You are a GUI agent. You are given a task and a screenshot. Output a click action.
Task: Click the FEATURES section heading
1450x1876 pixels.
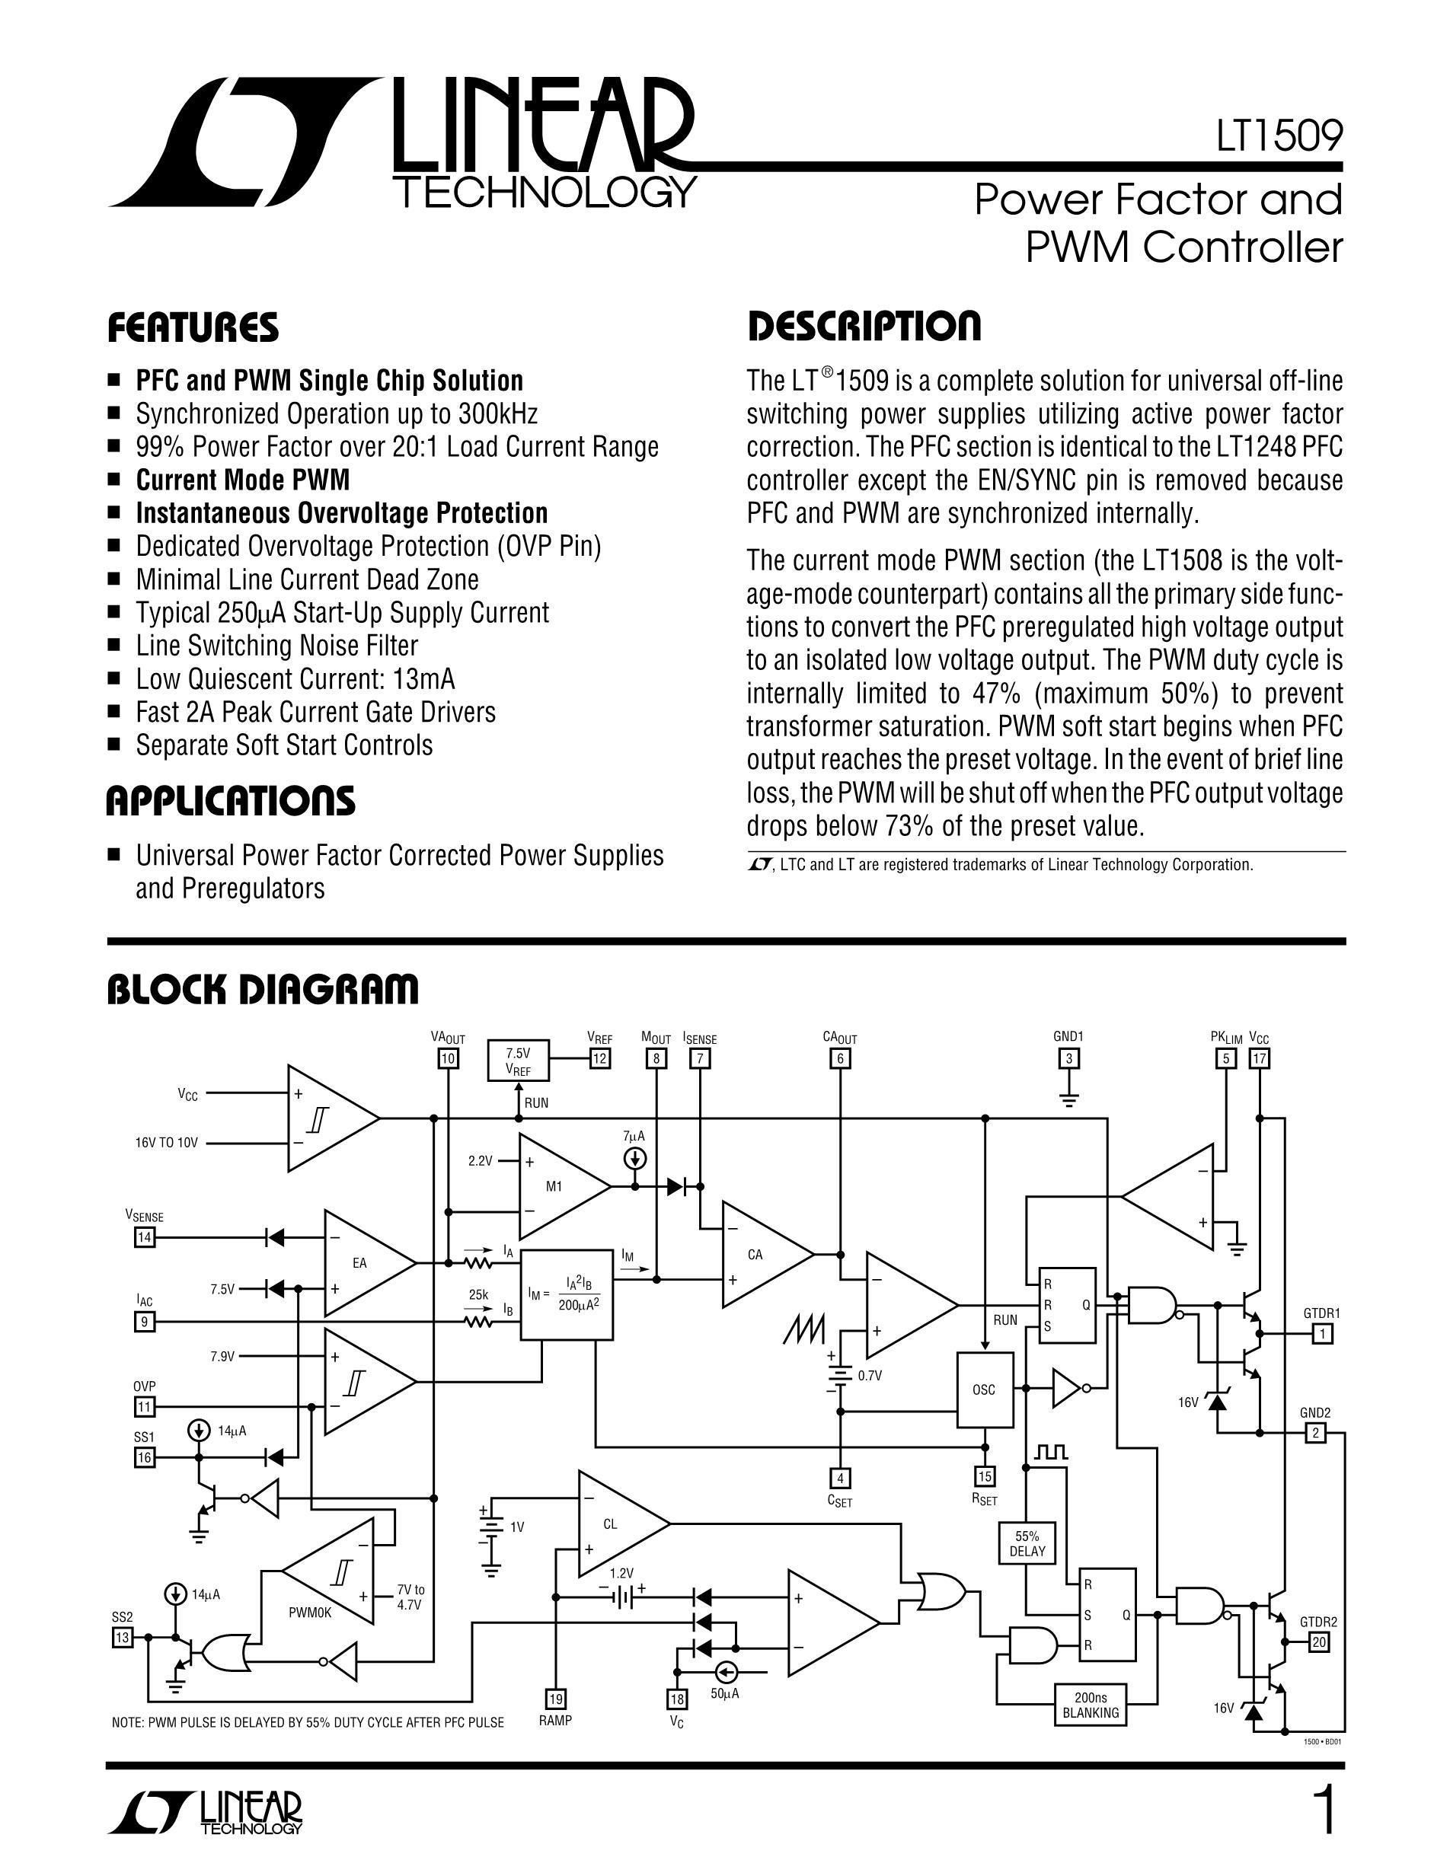tap(193, 328)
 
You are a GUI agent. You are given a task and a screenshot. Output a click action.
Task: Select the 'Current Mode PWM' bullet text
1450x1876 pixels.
tap(242, 480)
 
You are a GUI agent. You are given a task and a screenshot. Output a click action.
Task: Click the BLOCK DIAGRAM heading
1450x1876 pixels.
tap(262, 989)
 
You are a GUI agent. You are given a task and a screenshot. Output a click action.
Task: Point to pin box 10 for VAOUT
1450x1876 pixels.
tap(448, 1058)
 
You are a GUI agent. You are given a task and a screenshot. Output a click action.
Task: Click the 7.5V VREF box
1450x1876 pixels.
tap(518, 1061)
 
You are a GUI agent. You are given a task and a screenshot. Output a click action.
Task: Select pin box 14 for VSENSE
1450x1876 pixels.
tap(144, 1238)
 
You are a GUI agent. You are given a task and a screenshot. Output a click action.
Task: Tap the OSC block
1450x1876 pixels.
tap(985, 1389)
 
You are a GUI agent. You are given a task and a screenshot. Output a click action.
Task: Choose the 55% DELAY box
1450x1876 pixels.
tap(1027, 1543)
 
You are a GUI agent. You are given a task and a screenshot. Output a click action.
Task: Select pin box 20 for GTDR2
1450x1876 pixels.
tap(1318, 1642)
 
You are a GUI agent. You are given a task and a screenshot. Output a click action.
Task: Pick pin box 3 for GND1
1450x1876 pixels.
tap(1068, 1058)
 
